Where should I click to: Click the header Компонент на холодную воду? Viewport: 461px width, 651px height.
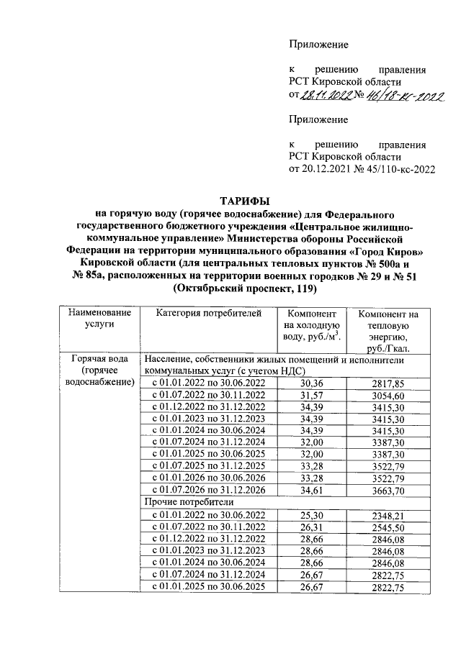[312, 324]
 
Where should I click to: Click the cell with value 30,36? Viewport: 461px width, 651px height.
[312, 384]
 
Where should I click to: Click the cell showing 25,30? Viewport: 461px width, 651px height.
[312, 514]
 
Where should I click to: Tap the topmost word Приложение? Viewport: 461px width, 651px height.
[318, 45]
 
